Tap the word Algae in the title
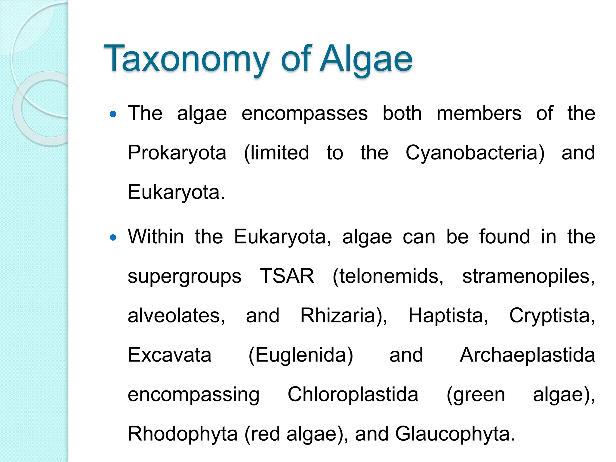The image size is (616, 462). [366, 59]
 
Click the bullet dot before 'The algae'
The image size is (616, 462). [113, 114]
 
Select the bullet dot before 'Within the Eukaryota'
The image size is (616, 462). [113, 238]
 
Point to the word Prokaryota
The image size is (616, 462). [177, 153]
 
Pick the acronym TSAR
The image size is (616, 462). [287, 276]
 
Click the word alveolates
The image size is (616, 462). [176, 316]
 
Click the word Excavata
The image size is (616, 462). [170, 355]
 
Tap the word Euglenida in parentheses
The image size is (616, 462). [301, 355]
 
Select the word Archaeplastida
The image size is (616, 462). [527, 355]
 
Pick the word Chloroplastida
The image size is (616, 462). [353, 394]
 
